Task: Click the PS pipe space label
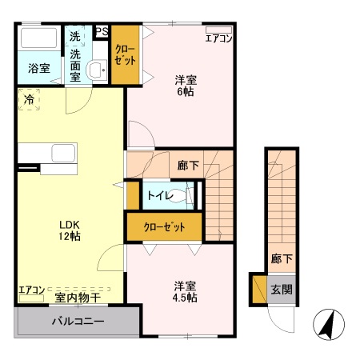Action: point(102,31)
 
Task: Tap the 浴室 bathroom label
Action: point(39,69)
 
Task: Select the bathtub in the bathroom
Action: point(39,38)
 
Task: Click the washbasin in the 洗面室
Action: point(97,70)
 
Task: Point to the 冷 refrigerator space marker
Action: point(29,100)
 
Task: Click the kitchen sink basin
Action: point(63,153)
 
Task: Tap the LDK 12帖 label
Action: point(70,230)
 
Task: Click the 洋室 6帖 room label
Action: point(186,86)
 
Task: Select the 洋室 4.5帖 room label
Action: point(185,292)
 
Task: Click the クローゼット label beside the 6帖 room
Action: point(125,55)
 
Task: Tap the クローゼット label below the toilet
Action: point(164,227)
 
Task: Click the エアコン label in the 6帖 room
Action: point(218,38)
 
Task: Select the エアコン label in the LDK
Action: point(31,290)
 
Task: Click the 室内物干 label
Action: point(78,298)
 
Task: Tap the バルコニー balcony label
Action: point(78,321)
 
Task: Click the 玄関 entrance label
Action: point(282,290)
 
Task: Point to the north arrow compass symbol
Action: point(329,325)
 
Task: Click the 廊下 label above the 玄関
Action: point(282,258)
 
